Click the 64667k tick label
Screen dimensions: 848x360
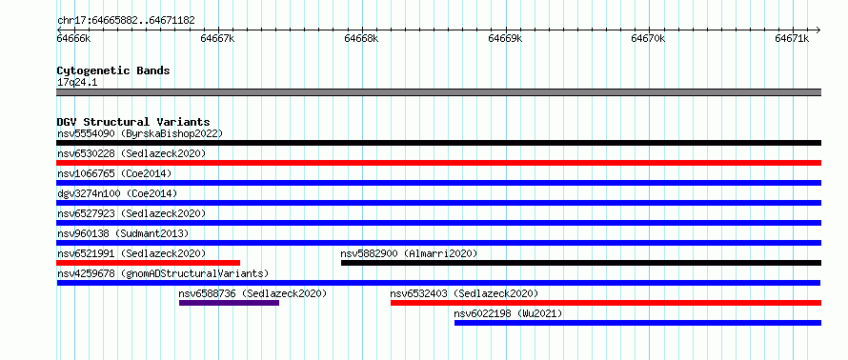click(217, 38)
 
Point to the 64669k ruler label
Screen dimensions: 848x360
click(505, 38)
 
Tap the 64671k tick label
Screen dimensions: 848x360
click(792, 38)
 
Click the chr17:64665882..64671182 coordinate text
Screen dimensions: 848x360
click(126, 21)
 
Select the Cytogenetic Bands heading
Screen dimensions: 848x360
click(113, 70)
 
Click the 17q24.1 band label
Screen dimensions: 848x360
click(77, 83)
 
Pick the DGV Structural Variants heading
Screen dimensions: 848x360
click(133, 122)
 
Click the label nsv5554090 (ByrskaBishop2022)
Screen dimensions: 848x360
click(140, 133)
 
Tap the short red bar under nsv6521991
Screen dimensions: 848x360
click(149, 263)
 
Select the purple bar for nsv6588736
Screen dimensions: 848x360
click(230, 303)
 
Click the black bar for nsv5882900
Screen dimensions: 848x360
click(581, 263)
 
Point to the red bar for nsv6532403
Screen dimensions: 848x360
click(606, 303)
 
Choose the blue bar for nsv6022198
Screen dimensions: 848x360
click(637, 323)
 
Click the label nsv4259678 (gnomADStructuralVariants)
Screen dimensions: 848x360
click(163, 273)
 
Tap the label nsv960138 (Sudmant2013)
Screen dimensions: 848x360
click(123, 233)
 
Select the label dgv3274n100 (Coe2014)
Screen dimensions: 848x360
click(117, 193)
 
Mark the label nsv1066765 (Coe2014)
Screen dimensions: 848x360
click(114, 173)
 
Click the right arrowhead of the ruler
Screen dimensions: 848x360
click(818, 30)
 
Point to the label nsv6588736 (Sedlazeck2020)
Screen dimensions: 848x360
click(253, 293)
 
